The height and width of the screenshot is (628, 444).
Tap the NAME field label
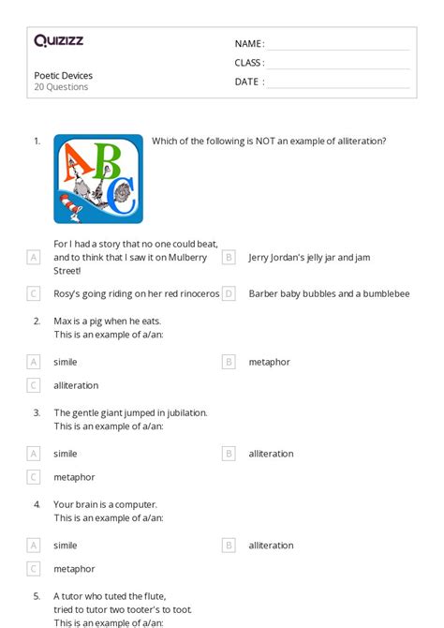pyautogui.click(x=248, y=44)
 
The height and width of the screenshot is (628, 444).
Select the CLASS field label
pyautogui.click(x=249, y=63)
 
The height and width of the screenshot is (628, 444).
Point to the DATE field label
pyautogui.click(x=248, y=82)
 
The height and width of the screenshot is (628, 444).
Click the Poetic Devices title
pyautogui.click(x=64, y=75)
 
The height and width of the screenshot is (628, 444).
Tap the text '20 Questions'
pyautogui.click(x=62, y=87)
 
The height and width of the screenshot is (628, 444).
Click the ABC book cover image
pyautogui.click(x=98, y=179)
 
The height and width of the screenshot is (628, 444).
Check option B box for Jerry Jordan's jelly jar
pyautogui.click(x=229, y=257)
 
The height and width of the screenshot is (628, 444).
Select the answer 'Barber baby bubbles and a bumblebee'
pyautogui.click(x=329, y=293)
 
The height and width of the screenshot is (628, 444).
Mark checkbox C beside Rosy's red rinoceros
pyautogui.click(x=34, y=293)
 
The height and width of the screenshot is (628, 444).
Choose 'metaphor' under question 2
pyautogui.click(x=270, y=362)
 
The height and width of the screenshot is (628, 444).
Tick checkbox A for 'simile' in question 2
pyautogui.click(x=34, y=362)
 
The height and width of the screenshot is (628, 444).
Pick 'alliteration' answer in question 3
pyautogui.click(x=271, y=454)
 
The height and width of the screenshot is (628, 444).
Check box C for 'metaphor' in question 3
pyautogui.click(x=34, y=477)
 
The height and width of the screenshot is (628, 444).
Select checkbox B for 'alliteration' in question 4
pyautogui.click(x=229, y=546)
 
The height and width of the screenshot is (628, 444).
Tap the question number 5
pyautogui.click(x=37, y=596)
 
